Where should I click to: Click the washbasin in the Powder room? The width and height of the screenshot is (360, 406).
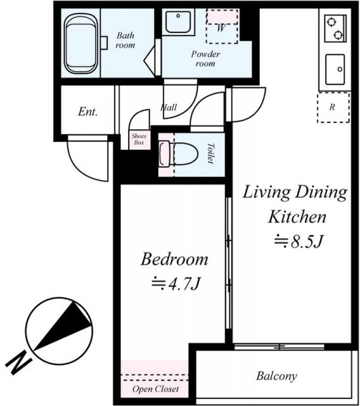pyautogui.click(x=181, y=23)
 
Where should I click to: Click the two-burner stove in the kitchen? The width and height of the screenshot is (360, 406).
pyautogui.click(x=335, y=27)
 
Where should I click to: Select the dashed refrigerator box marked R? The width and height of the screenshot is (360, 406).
pyautogui.click(x=333, y=107)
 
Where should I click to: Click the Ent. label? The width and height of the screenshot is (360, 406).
pyautogui.click(x=87, y=112)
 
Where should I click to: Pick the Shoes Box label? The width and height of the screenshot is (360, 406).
pyautogui.click(x=138, y=140)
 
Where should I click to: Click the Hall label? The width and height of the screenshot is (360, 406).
pyautogui.click(x=169, y=108)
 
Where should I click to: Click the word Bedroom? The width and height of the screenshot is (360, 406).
pyautogui.click(x=174, y=259)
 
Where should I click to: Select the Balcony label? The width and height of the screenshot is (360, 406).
pyautogui.click(x=276, y=376)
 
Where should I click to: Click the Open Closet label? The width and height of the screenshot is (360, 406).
pyautogui.click(x=155, y=389)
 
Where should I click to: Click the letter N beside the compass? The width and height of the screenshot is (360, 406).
pyautogui.click(x=20, y=362)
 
